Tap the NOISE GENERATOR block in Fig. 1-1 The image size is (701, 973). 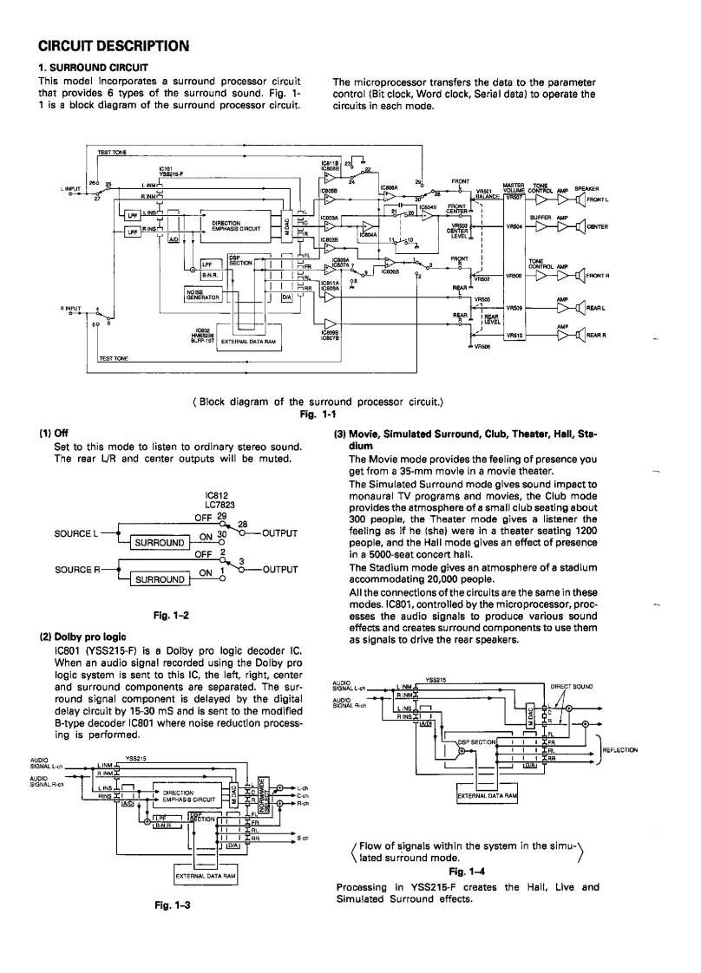pos(201,294)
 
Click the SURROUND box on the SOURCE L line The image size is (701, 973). pos(158,544)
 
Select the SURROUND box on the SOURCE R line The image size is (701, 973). pos(158,578)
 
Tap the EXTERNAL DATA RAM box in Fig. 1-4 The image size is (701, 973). pos(488,795)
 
